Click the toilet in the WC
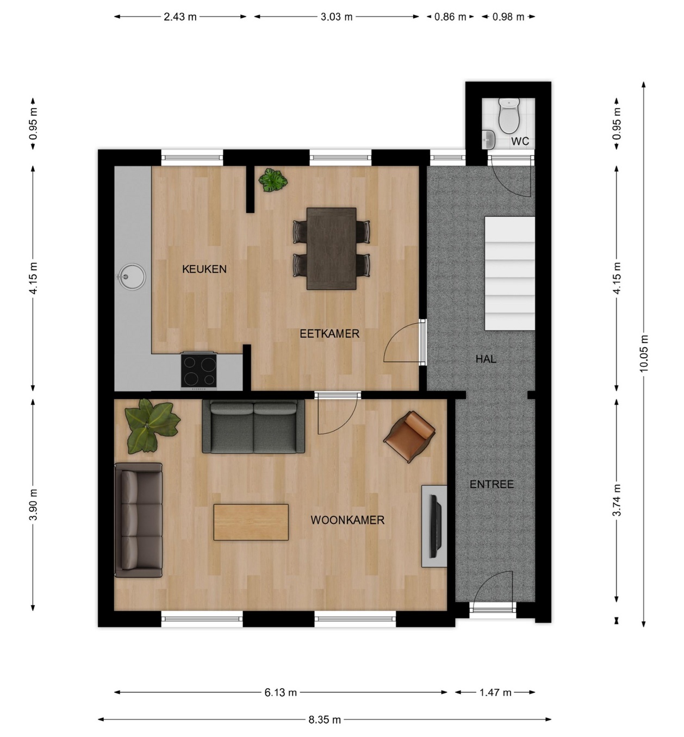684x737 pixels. click(508, 116)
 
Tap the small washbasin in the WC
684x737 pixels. click(488, 140)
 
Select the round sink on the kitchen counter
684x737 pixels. click(130, 277)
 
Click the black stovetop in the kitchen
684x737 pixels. click(198, 371)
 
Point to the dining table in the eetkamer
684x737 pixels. click(331, 248)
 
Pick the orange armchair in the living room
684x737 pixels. click(409, 437)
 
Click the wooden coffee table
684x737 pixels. click(251, 522)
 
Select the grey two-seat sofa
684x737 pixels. click(253, 427)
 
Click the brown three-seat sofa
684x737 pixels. click(139, 520)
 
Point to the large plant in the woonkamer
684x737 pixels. click(152, 426)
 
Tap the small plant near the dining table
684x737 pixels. click(273, 180)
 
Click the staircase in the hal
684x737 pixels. click(509, 273)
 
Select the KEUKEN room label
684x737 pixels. click(204, 269)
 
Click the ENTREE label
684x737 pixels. click(492, 484)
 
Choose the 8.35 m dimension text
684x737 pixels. click(325, 720)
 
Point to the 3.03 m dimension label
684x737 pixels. click(337, 17)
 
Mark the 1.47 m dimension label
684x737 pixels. click(495, 692)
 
